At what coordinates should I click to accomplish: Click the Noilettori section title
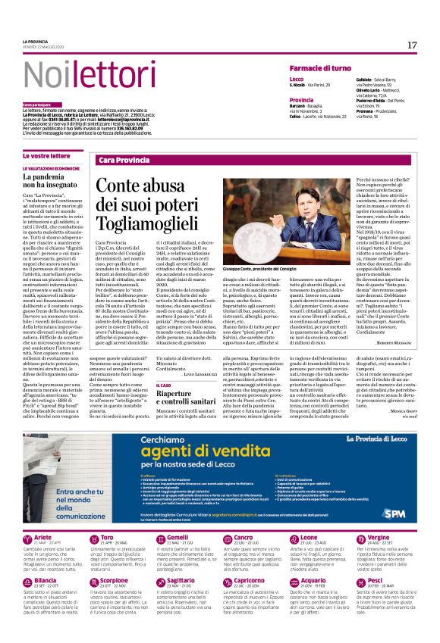tap(78, 75)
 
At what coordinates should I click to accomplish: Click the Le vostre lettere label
tap(46, 155)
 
